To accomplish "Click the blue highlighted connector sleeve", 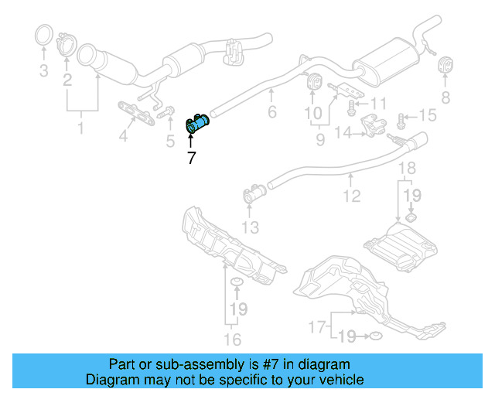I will (200, 122).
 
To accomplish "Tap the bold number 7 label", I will (191, 159).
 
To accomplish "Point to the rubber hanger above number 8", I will (445, 64).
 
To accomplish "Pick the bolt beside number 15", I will (401, 118).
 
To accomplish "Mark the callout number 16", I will (232, 339).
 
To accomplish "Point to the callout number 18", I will (407, 168).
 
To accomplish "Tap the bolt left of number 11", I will (353, 102).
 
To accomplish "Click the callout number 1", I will (81, 126).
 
